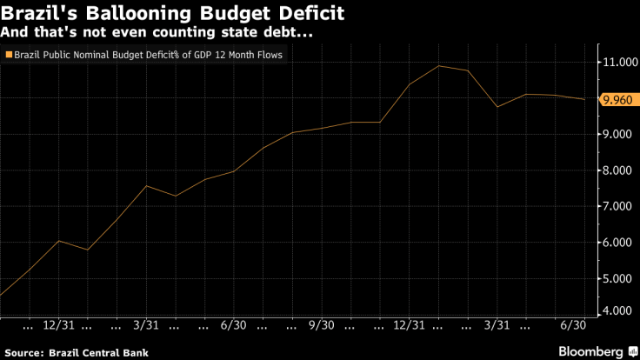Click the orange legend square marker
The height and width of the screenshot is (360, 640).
pyautogui.click(x=9, y=56)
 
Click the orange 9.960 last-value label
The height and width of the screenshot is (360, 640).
pyautogui.click(x=617, y=99)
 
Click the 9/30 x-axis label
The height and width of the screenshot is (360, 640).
pyautogui.click(x=321, y=325)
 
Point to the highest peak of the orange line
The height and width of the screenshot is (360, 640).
pyautogui.click(x=439, y=66)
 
